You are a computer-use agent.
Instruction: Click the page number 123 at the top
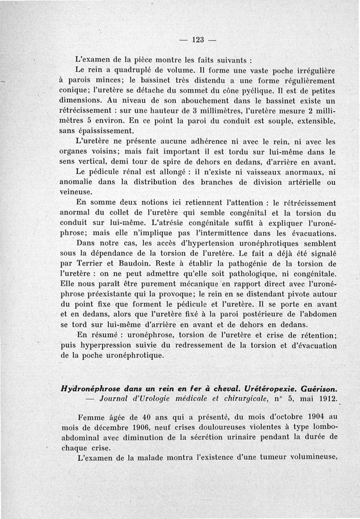pyautogui.click(x=198, y=39)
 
